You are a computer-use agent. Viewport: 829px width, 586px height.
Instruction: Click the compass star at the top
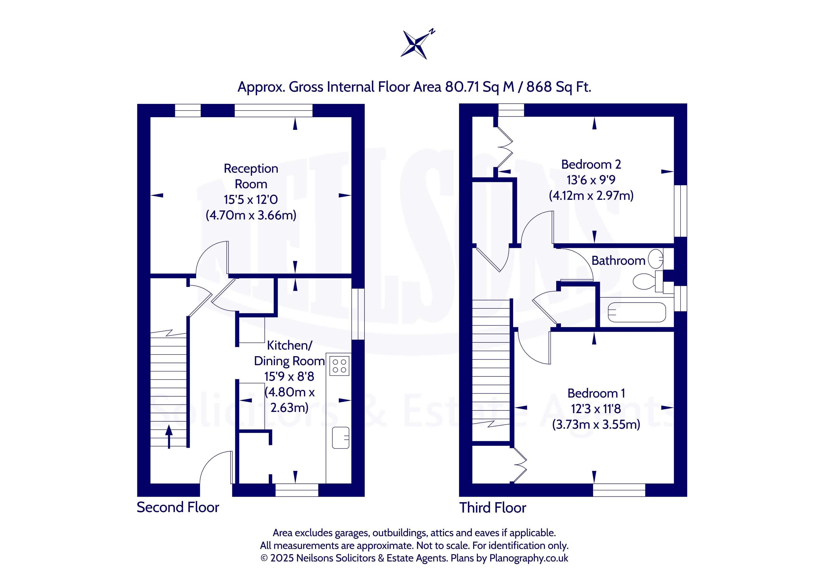[x=416, y=45]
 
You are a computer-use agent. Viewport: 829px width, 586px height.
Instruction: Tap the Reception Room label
[x=251, y=176]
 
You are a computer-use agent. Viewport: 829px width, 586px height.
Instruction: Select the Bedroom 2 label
[x=591, y=165]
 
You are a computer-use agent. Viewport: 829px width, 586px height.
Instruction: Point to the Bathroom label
[x=618, y=261]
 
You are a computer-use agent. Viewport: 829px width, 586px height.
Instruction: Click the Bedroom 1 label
[x=596, y=393]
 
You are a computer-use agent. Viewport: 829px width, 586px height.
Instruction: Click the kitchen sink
[x=340, y=438]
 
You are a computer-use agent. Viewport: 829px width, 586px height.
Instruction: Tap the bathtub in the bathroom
[x=637, y=312]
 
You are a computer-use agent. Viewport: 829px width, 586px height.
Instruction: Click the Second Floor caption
[x=178, y=507]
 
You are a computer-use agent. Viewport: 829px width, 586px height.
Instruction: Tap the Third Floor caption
[x=492, y=508]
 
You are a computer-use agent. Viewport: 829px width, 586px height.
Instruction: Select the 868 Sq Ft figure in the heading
[x=559, y=87]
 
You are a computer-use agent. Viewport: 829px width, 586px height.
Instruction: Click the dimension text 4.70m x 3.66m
[x=251, y=215]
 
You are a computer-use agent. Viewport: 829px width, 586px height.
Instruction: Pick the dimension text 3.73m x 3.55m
[x=596, y=424]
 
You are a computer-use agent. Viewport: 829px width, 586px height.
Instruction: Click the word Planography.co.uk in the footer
[x=529, y=558]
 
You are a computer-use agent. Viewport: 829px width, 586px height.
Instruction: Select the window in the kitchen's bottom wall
[x=297, y=490]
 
